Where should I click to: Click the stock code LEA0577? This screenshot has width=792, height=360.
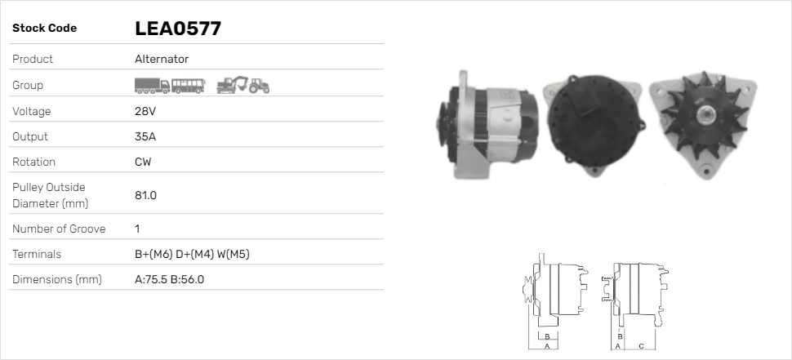[x=178, y=29]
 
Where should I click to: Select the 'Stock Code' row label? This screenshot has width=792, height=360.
[x=44, y=29]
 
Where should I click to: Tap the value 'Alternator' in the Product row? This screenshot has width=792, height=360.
[x=162, y=59]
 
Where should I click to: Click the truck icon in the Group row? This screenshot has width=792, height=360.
[x=152, y=85]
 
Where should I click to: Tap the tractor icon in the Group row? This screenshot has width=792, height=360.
[x=260, y=85]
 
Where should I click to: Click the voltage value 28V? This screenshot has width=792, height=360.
[x=145, y=111]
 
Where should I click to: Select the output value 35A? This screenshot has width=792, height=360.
[x=145, y=136]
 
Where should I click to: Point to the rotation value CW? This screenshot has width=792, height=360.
[x=143, y=162]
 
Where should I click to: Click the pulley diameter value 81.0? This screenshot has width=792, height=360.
[x=145, y=195]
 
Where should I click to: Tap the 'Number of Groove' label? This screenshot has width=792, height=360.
[x=59, y=229]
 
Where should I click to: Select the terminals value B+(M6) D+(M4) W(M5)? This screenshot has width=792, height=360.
[x=192, y=254]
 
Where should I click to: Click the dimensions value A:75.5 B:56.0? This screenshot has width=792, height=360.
[x=169, y=279]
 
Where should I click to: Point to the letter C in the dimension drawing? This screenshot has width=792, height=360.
[x=641, y=346]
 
